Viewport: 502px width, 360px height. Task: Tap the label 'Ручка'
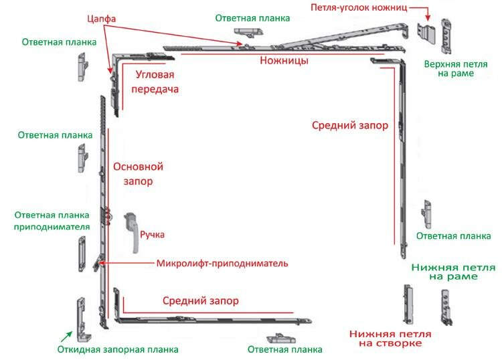(x=152, y=235)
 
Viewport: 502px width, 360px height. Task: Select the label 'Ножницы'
(x=284, y=60)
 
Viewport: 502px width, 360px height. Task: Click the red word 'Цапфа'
(x=101, y=19)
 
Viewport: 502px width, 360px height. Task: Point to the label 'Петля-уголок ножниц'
(x=359, y=7)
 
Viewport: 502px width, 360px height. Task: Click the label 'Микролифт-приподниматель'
(x=222, y=264)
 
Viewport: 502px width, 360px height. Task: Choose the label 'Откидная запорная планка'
(x=118, y=349)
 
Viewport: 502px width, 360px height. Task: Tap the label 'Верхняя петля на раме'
(x=456, y=69)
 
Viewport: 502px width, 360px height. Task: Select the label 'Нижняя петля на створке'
(x=390, y=339)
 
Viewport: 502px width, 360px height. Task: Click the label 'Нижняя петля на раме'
(x=453, y=272)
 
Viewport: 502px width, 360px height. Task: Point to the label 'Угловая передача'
(x=155, y=82)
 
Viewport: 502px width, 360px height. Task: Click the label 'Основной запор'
(x=139, y=174)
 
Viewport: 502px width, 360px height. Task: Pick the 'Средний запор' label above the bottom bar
(x=200, y=301)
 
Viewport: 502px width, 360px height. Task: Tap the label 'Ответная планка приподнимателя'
(x=52, y=221)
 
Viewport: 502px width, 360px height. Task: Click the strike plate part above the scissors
(x=248, y=32)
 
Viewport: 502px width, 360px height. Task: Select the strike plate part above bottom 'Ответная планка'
(x=280, y=338)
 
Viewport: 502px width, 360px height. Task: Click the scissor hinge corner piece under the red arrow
(x=426, y=33)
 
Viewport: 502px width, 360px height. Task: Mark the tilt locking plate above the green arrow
(x=84, y=319)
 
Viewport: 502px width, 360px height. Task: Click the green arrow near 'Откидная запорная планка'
(x=66, y=337)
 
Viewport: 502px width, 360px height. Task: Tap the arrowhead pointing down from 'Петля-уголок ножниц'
(x=428, y=18)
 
